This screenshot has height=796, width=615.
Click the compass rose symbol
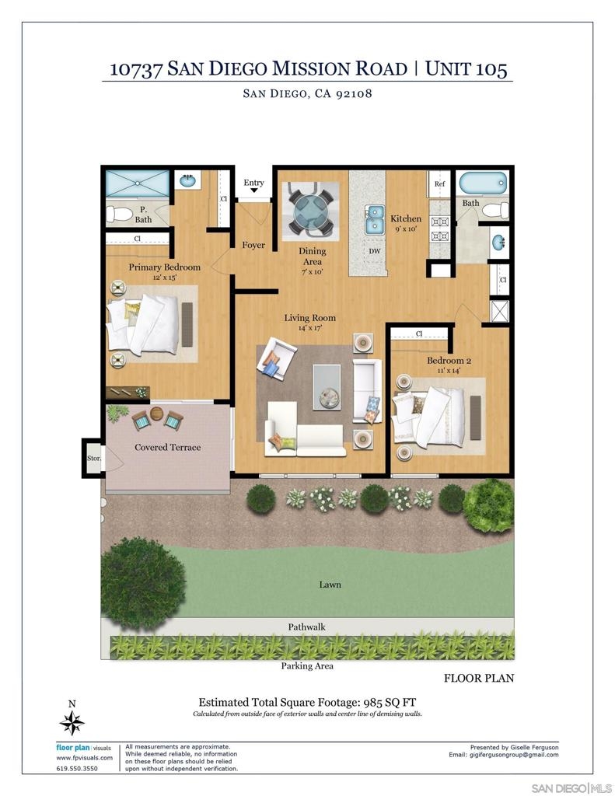coord(72,723)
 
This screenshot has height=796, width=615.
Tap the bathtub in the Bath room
coord(483,183)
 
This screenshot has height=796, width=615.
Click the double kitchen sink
coord(375,219)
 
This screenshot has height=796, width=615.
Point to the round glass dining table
coord(311,211)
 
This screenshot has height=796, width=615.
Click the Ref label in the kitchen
coord(440,183)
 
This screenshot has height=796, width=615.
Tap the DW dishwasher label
coord(375,251)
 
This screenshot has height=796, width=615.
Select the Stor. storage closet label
coord(94,458)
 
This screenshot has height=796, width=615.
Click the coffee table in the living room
coord(327,386)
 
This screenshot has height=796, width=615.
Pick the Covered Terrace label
coord(168,447)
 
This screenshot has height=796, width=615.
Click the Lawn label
coord(330,585)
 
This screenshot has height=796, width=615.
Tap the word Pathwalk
coord(307,627)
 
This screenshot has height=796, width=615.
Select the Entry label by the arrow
coord(254,183)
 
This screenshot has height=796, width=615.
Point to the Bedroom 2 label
coord(449,361)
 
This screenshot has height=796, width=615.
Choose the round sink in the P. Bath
coord(188,180)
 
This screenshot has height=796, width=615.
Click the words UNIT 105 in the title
coord(466,68)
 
